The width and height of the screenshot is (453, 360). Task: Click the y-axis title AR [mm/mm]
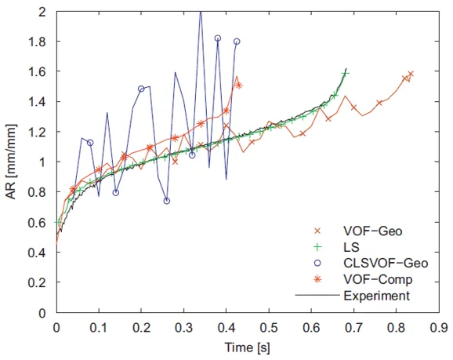[12, 162]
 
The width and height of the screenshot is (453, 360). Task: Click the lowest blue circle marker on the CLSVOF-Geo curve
[166, 201]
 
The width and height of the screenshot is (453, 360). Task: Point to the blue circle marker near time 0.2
[141, 89]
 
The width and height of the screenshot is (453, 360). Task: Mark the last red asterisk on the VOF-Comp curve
[239, 85]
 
